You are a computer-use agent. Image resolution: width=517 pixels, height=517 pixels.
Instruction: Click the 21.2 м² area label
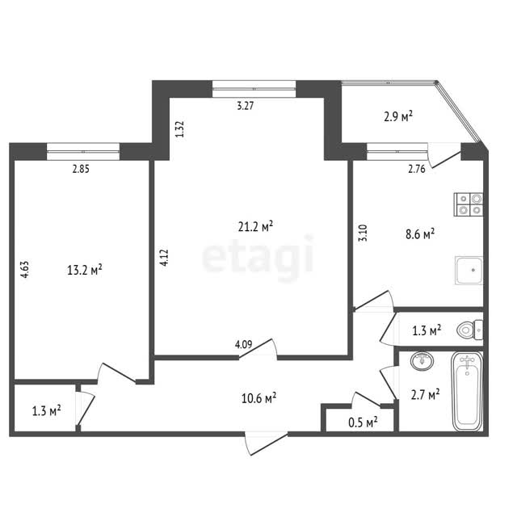(255, 226)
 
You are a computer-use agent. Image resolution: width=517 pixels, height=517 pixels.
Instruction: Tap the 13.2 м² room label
(85, 270)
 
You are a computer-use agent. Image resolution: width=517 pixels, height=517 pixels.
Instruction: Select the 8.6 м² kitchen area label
(420, 234)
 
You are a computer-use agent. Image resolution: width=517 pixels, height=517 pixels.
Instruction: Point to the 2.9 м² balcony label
(398, 116)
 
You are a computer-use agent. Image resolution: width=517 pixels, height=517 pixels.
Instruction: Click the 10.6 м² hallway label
(258, 398)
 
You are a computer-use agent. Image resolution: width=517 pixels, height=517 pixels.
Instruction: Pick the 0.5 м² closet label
(363, 422)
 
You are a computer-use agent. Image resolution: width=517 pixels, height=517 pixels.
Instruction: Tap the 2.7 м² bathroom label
(426, 394)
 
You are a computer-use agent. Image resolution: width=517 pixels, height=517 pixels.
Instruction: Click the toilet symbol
(470, 330)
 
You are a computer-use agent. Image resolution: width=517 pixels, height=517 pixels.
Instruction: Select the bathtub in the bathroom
(467, 391)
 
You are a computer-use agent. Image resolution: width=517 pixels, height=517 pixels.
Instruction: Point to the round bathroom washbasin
(422, 360)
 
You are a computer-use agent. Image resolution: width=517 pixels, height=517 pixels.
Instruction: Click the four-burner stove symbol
(469, 204)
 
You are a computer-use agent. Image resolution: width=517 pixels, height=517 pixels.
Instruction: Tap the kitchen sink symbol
(469, 270)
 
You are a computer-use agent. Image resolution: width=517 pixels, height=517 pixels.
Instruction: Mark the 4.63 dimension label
(25, 269)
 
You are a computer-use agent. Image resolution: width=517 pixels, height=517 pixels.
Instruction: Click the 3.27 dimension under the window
(246, 106)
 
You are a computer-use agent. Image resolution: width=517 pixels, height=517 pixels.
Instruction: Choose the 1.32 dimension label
(179, 129)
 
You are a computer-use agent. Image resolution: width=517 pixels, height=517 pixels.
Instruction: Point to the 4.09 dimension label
(243, 345)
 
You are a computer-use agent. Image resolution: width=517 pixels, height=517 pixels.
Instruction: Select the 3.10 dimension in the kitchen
(363, 233)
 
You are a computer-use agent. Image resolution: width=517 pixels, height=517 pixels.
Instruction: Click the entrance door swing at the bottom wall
(266, 443)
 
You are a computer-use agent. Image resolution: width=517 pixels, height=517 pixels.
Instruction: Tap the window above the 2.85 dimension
(83, 151)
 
